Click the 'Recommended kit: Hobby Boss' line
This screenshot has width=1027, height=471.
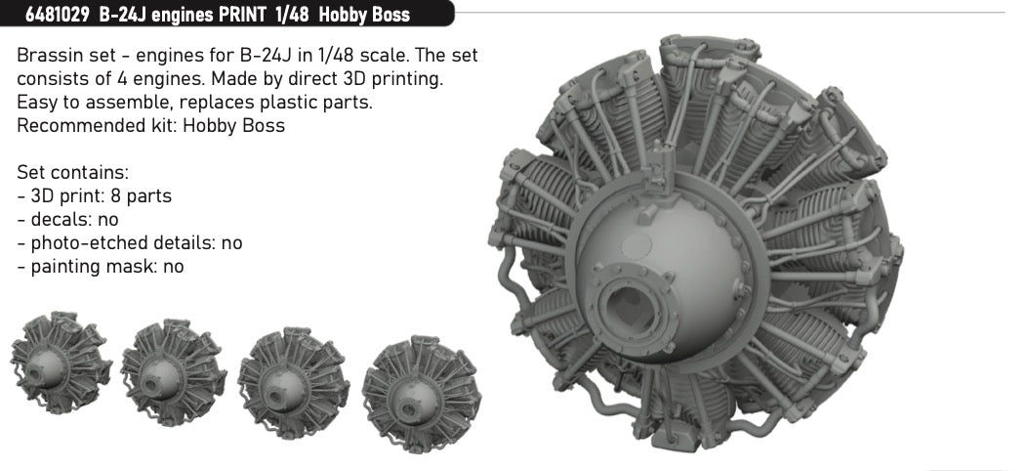click(151, 126)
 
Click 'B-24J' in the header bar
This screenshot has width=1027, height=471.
click(123, 15)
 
